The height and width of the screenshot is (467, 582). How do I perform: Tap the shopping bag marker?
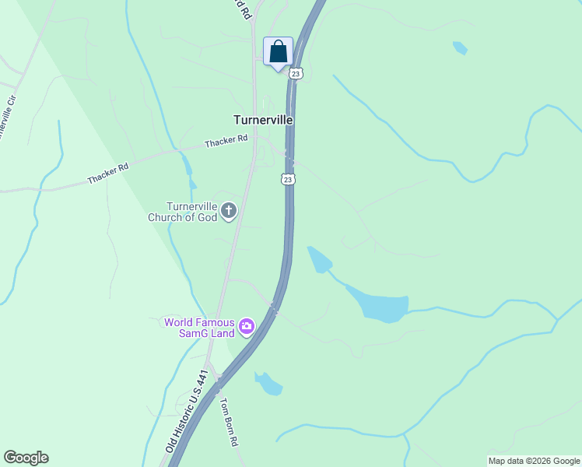pos(278,52)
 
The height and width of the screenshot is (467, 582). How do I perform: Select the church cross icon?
pos(229,210)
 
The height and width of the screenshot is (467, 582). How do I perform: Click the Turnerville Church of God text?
pos(182,212)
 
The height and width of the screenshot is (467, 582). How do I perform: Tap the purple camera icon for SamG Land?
pos(247,326)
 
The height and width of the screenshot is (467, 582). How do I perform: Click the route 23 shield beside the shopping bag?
pos(295,73)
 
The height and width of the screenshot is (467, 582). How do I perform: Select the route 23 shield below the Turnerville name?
pos(287,180)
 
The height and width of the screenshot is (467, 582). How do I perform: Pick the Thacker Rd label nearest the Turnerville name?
pos(226,141)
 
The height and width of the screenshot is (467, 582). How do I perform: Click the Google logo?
pos(26,458)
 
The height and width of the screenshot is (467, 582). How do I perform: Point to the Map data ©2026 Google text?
pos(534,461)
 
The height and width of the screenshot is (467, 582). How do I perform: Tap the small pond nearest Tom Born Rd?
pos(269,383)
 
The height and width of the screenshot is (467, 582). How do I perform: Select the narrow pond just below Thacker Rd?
pos(187,164)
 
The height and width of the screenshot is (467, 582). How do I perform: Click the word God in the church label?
pos(206,217)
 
